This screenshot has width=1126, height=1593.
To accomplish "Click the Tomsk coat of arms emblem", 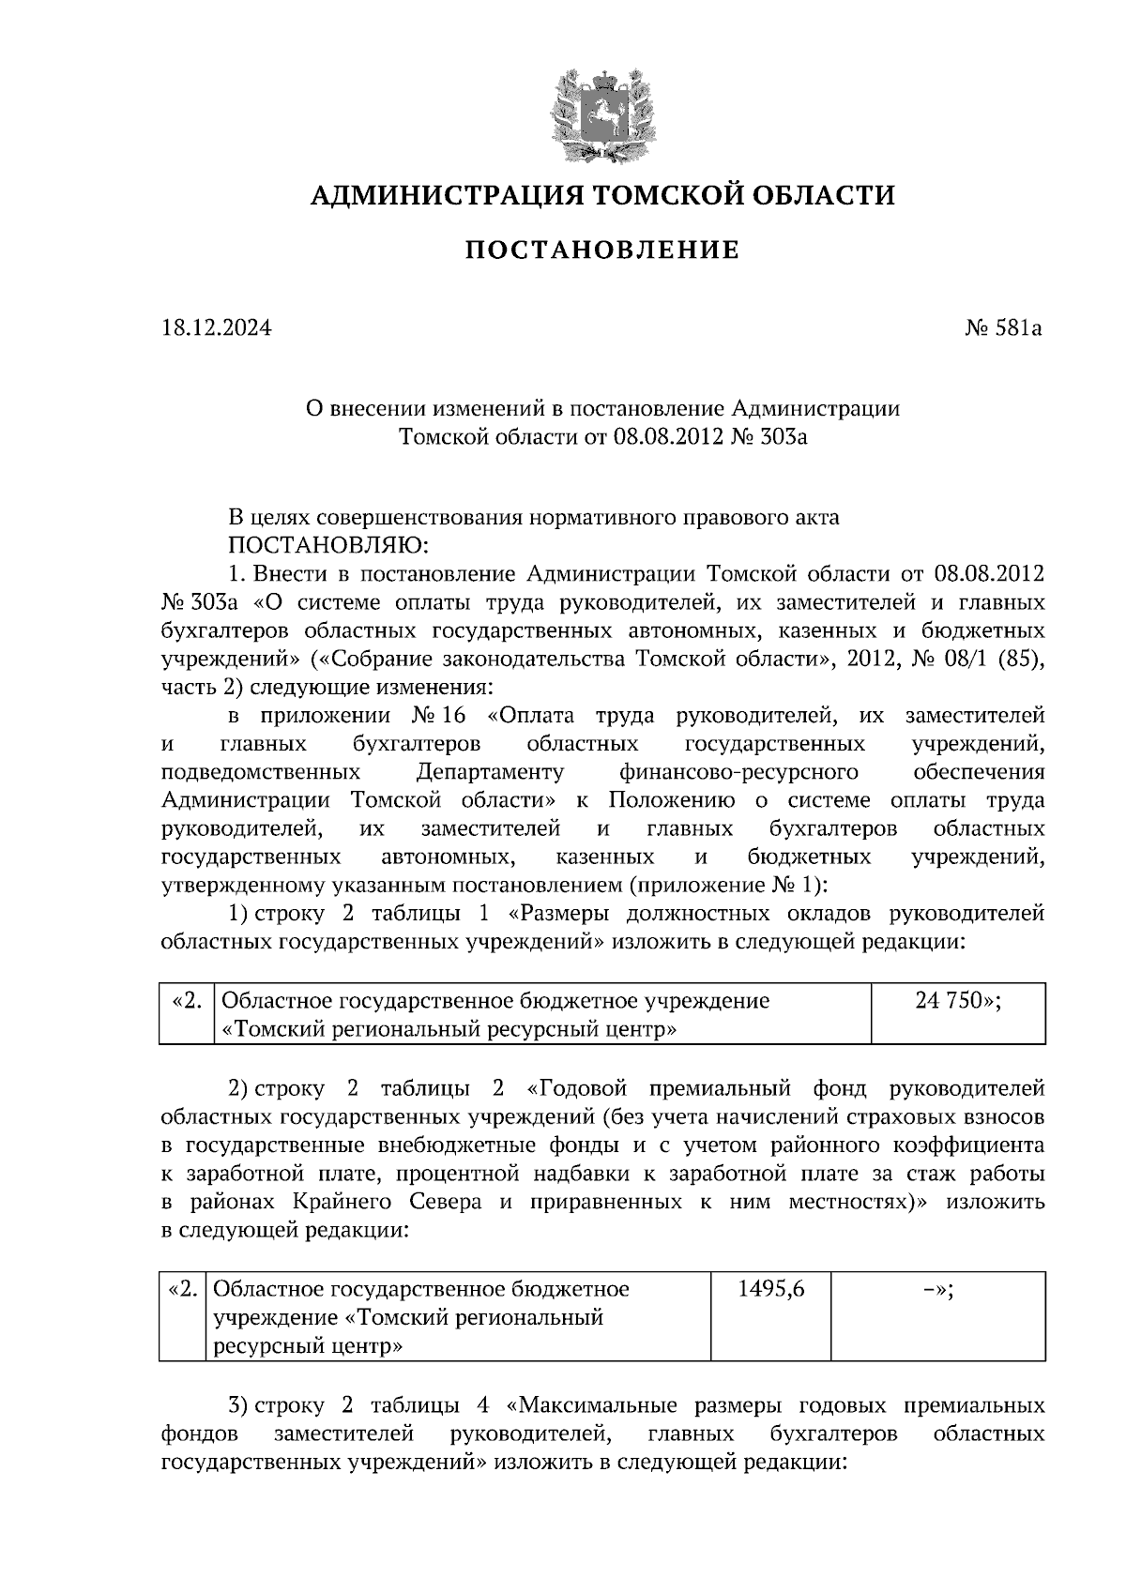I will tap(602, 113).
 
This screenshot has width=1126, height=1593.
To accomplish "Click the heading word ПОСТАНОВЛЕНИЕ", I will tap(602, 250).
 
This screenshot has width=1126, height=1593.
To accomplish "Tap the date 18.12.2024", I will tap(217, 328).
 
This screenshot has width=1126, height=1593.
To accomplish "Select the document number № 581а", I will tap(1004, 328).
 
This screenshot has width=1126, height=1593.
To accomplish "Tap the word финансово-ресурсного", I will tap(738, 772).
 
